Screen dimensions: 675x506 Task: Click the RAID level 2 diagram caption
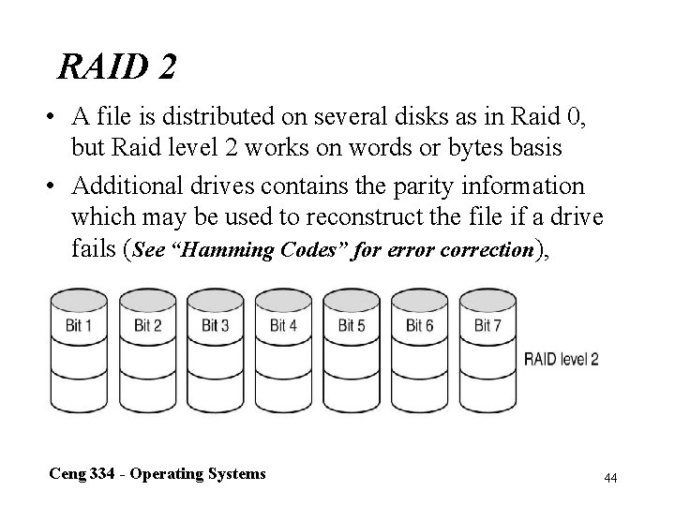click(x=562, y=359)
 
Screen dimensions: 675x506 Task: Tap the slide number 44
click(x=610, y=478)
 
